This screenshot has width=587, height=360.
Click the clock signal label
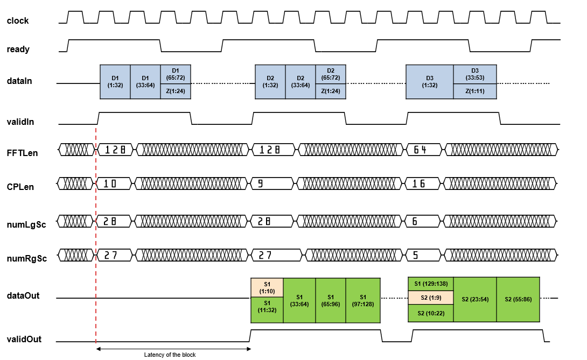[x=18, y=21]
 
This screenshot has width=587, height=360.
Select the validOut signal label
[x=24, y=339]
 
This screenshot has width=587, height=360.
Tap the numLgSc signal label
[x=25, y=224]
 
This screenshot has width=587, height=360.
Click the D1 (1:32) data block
[x=115, y=82]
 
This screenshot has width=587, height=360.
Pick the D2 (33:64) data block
[x=301, y=82]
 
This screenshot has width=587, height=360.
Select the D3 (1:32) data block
[x=429, y=82]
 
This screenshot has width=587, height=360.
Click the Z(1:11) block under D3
[x=474, y=91]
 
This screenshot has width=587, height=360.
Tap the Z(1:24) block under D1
[x=176, y=91]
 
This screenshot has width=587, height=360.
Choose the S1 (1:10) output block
[x=267, y=288]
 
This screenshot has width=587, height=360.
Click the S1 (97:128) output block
[x=363, y=300]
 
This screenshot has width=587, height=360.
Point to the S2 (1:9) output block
[x=430, y=298]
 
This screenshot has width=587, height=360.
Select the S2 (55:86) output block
[x=518, y=300]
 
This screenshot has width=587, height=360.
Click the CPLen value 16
[x=419, y=184]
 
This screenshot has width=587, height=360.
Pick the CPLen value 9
[x=261, y=184]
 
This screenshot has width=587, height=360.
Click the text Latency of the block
[x=174, y=355]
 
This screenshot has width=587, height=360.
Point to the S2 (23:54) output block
[x=474, y=300]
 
